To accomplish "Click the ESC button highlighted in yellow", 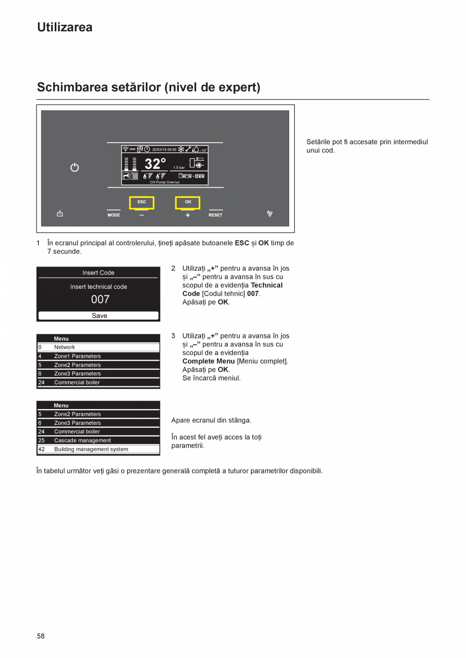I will [142, 202].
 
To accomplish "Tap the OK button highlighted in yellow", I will [188, 202].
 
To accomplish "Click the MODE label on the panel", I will [114, 215].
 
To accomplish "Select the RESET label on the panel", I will [215, 215].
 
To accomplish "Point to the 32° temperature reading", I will [155, 164].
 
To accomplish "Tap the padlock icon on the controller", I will [60, 214].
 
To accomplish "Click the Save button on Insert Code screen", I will [99, 316].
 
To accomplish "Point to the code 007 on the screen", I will [100, 299].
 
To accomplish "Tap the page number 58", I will [41, 636].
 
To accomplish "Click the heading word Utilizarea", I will [65, 27].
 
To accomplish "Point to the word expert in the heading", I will [238, 87].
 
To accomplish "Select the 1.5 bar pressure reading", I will [179, 167].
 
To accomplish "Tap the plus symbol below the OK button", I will [188, 215].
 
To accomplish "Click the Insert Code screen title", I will [98, 273].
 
